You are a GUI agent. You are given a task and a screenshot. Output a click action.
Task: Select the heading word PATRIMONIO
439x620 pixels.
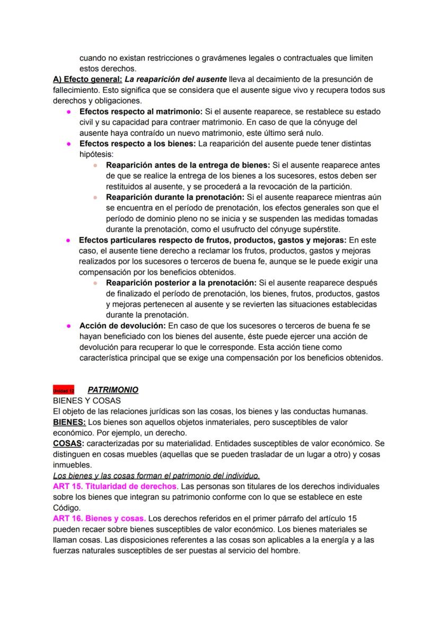tap(113, 390)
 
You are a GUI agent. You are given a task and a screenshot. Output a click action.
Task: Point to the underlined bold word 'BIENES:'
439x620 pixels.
tap(69, 422)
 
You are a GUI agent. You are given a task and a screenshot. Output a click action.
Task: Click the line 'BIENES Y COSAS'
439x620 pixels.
tap(87, 400)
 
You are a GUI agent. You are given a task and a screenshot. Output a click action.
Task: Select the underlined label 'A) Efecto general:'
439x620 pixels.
tap(87, 80)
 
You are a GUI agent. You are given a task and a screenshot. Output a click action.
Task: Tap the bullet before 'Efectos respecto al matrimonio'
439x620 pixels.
tap(69, 112)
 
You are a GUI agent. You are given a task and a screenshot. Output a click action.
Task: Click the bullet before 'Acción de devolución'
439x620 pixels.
tap(69, 326)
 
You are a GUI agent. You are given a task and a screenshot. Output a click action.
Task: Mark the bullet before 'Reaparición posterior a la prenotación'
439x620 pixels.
tap(95, 283)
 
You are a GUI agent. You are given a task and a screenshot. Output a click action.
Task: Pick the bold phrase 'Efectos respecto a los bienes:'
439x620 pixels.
tap(138, 144)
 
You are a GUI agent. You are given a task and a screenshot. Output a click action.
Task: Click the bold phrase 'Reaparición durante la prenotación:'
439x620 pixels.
tap(172, 197)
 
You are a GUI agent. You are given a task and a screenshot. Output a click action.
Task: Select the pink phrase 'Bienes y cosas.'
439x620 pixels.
tap(116, 518)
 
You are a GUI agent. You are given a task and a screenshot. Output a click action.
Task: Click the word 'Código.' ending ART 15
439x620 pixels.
tap(67, 507)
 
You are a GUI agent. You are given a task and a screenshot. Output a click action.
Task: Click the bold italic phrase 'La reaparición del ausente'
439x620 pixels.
tap(175, 80)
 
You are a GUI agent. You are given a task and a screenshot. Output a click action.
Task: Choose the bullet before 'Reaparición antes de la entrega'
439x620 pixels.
tap(95, 165)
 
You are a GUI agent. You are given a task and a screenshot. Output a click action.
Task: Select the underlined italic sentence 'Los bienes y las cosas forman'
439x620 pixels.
tap(156, 475)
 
